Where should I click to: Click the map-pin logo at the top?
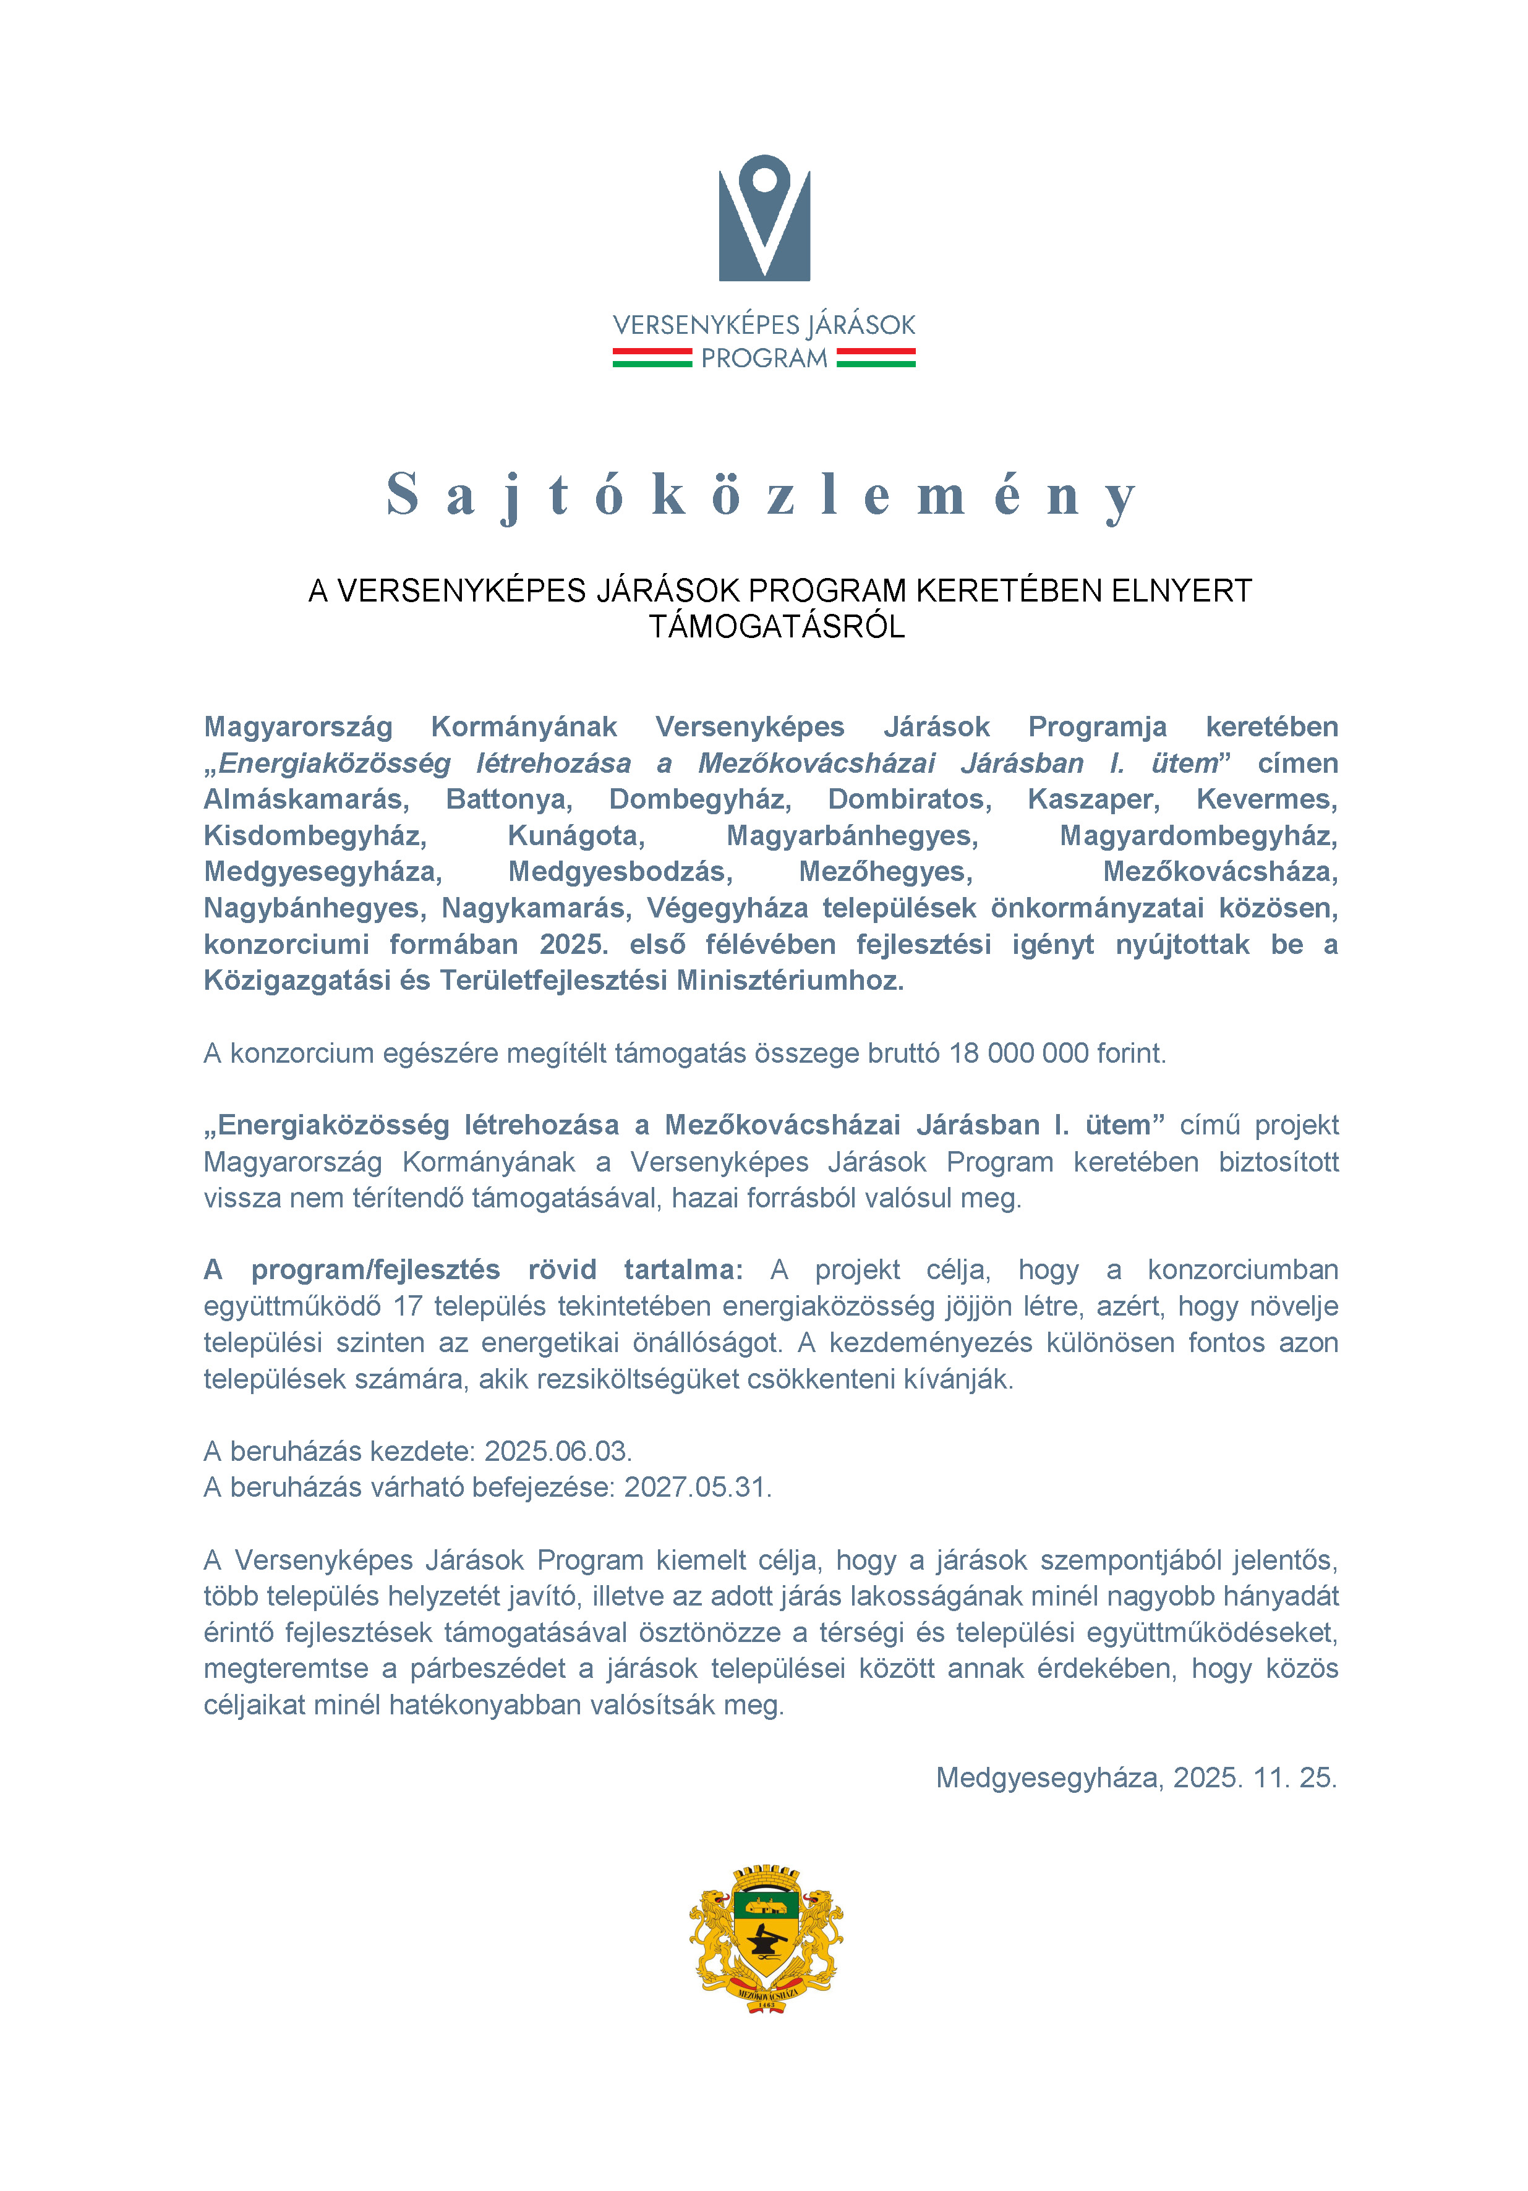point(764,218)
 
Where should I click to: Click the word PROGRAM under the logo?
point(764,359)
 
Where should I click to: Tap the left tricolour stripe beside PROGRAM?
point(652,358)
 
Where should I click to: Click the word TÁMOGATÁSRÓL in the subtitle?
point(777,627)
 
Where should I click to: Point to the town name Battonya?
point(509,799)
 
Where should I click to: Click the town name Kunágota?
point(576,835)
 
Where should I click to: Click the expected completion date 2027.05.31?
point(697,1487)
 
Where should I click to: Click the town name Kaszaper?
point(1093,799)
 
